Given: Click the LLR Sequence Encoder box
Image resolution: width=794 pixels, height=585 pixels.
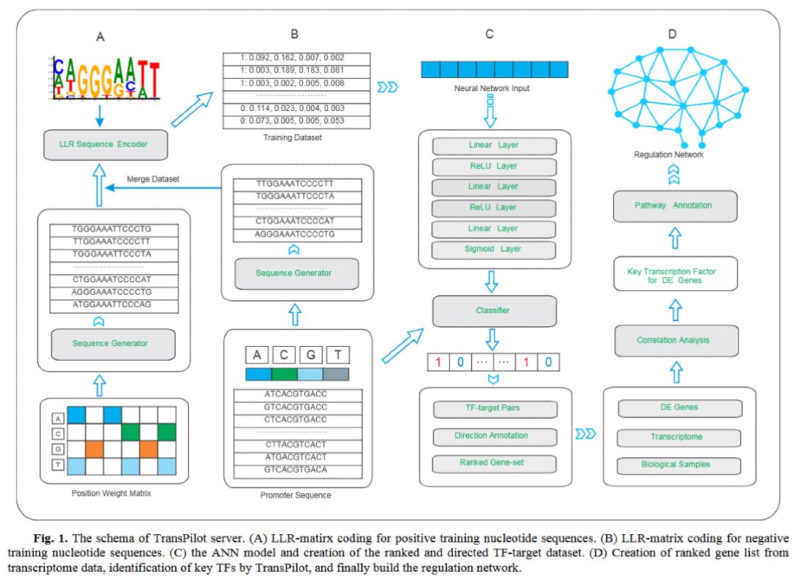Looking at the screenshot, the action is click(x=105, y=145).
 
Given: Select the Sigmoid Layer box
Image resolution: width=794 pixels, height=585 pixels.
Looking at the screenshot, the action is click(x=493, y=249).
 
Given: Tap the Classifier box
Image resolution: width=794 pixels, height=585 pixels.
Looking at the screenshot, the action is click(x=494, y=311).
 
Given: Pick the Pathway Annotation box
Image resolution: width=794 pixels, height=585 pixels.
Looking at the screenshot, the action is click(x=675, y=206).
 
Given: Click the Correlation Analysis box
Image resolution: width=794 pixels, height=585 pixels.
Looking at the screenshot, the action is click(x=676, y=340).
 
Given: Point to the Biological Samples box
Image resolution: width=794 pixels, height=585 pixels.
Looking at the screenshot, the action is click(x=679, y=465).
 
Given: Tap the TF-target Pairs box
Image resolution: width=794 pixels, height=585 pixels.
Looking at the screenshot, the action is click(x=496, y=409).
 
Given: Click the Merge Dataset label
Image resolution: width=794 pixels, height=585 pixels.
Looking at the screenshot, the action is click(x=153, y=179).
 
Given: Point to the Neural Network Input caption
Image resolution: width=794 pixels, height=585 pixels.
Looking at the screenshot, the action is click(x=492, y=88).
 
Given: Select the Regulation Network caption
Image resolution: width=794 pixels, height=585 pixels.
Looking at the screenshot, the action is click(x=668, y=154).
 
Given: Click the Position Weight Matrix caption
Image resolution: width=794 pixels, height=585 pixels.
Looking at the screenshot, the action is click(x=112, y=493).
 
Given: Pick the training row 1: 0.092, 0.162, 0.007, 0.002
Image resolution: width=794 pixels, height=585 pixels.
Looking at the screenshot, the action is click(x=297, y=58).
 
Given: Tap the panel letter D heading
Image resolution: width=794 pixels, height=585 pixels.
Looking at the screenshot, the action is click(x=673, y=34).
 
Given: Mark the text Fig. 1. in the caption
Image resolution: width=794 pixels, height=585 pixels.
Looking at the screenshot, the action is click(x=51, y=538).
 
